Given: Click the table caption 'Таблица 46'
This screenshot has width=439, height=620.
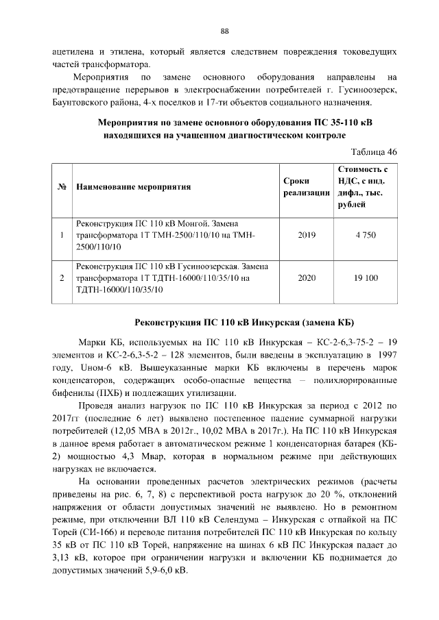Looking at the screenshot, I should [x=374, y=151].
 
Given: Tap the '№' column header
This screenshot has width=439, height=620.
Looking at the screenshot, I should [x=62, y=186].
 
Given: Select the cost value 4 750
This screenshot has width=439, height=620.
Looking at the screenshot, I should [x=366, y=235].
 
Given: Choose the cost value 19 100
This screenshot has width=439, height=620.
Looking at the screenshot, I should [x=366, y=279].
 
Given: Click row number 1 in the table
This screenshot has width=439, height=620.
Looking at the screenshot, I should [x=62, y=235].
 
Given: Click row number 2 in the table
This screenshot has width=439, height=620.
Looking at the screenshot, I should [x=62, y=279].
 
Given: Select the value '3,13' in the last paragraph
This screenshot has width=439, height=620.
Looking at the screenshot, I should [x=67, y=558].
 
